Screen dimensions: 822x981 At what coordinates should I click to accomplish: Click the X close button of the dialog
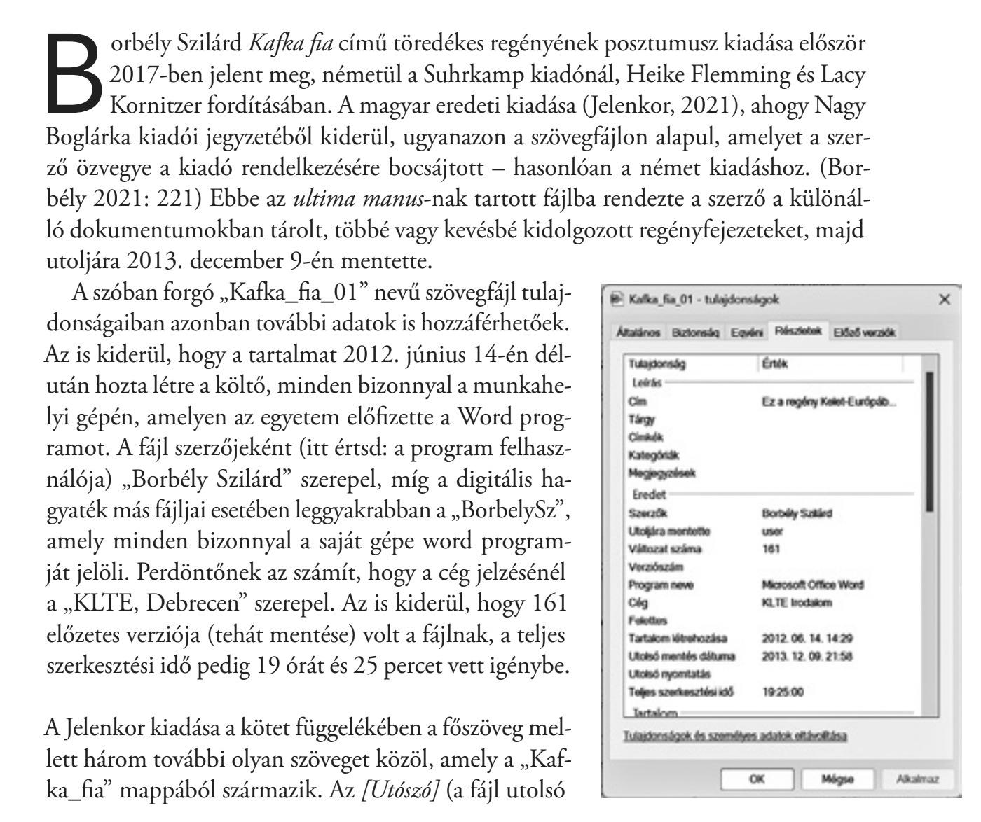(945, 300)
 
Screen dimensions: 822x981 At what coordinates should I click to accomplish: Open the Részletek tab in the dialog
(798, 333)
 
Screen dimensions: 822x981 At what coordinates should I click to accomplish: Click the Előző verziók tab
(866, 333)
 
